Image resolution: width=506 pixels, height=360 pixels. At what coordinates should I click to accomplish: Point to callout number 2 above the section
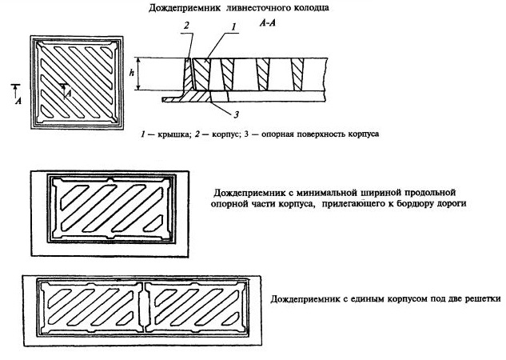[185, 26]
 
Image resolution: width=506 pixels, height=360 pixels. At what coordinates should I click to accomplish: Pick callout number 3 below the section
[225, 113]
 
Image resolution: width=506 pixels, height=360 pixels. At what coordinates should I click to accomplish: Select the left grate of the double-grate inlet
[90, 310]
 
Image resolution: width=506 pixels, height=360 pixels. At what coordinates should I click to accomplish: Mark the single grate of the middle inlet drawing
[111, 210]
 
